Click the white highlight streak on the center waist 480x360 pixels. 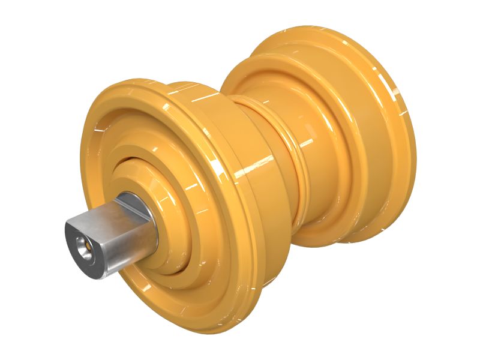(305, 143)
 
